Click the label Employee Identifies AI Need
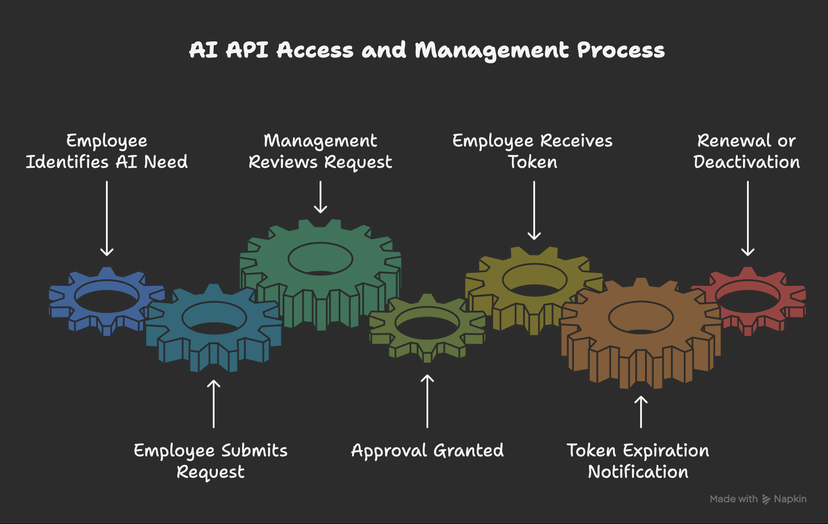(107, 151)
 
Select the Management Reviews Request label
(321, 151)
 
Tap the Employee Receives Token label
(533, 151)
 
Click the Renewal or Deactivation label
(747, 151)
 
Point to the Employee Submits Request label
(211, 461)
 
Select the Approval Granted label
(427, 451)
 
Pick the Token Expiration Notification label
(638, 461)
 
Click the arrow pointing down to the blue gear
(107, 218)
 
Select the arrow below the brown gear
(641, 412)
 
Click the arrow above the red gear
(748, 218)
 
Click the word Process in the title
(621, 50)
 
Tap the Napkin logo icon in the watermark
(766, 499)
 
